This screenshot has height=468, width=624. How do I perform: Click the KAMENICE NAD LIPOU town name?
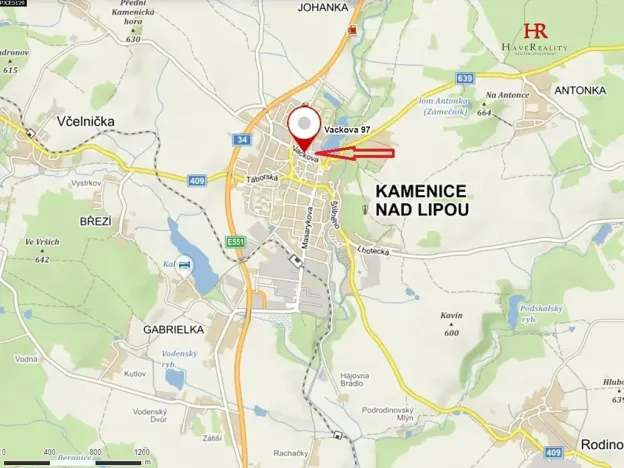point(421,200)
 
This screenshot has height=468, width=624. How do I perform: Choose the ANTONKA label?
point(580,90)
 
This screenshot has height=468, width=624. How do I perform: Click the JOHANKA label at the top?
point(323,7)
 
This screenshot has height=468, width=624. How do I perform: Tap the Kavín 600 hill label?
point(452,324)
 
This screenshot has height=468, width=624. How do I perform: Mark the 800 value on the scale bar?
point(95,452)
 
